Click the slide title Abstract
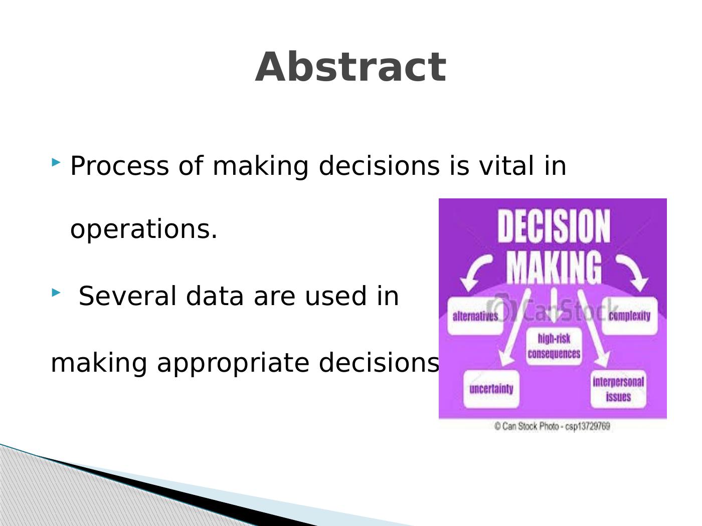[x=350, y=67]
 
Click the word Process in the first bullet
[x=119, y=165]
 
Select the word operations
[x=143, y=230]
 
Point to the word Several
[x=127, y=296]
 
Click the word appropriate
[x=233, y=363]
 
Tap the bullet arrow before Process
[x=56, y=162]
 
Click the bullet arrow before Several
[x=56, y=292]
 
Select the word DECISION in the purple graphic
[x=554, y=226]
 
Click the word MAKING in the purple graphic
[x=554, y=268]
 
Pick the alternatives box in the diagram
[x=475, y=316]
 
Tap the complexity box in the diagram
[x=629, y=316]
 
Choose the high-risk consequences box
[x=554, y=346]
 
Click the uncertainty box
[x=491, y=389]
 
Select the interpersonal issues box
[x=618, y=389]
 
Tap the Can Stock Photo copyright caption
[x=552, y=426]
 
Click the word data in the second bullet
[x=215, y=296]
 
